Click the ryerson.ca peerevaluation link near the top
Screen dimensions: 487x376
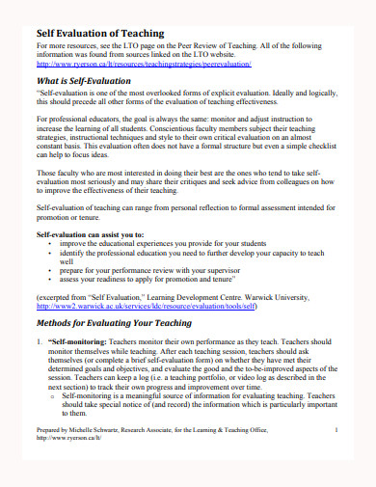(x=144, y=64)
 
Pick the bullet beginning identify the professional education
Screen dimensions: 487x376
(x=193, y=256)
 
